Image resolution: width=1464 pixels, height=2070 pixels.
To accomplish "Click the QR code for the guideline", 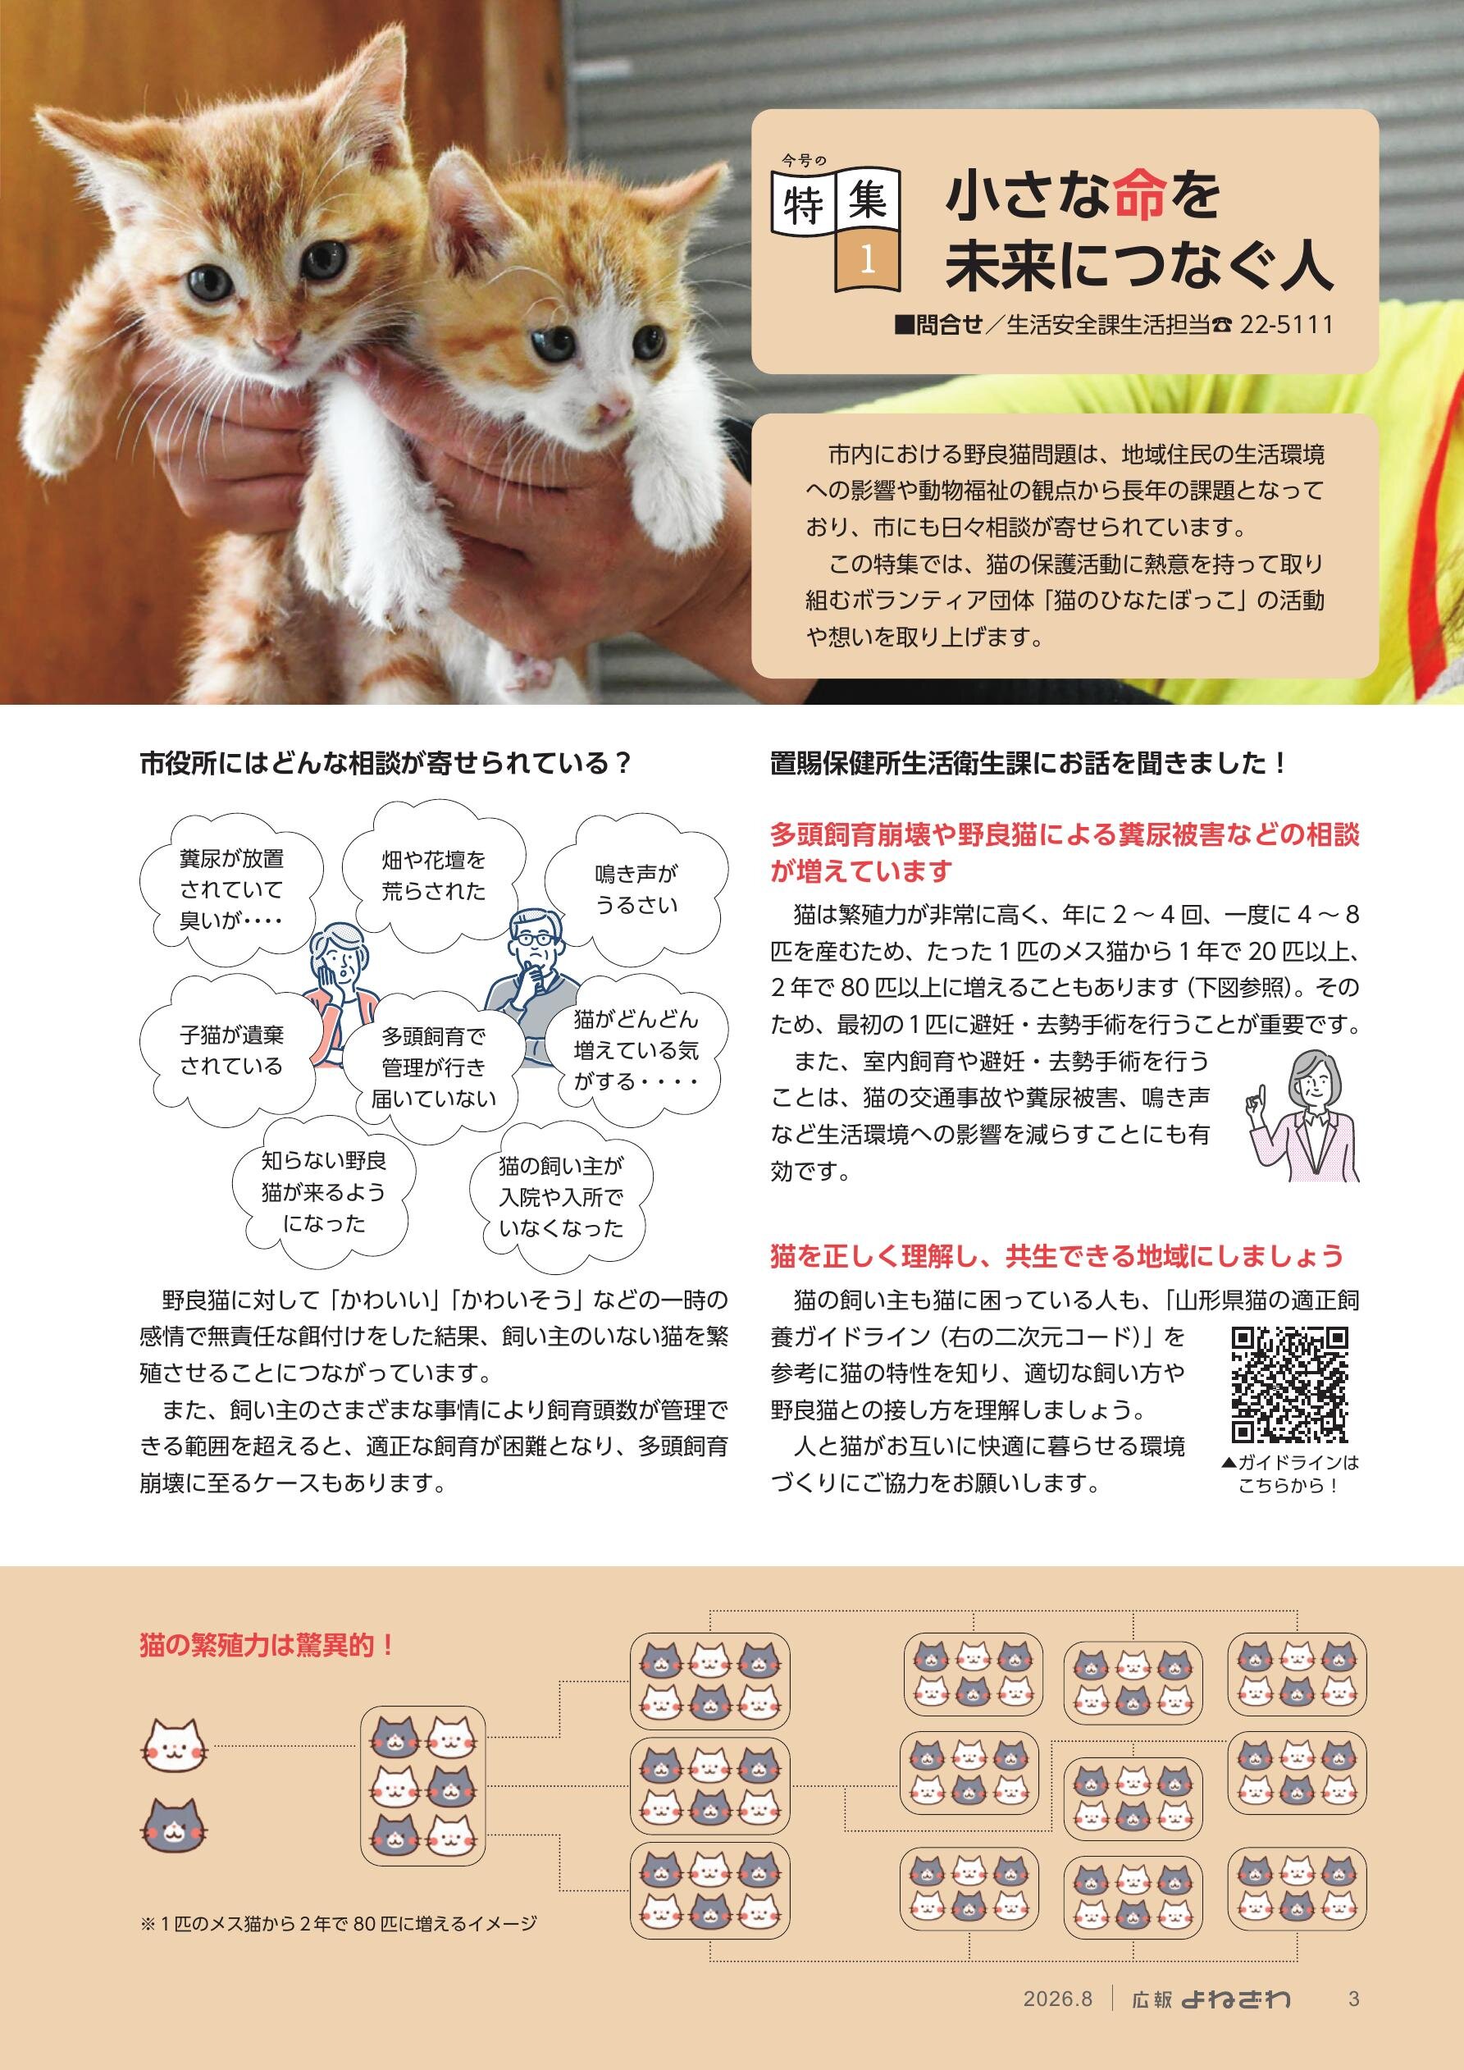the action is [1290, 1384].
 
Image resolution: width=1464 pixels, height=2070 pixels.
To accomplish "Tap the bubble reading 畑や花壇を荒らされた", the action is [434, 875].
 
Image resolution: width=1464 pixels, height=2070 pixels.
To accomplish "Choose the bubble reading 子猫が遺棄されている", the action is [231, 1050].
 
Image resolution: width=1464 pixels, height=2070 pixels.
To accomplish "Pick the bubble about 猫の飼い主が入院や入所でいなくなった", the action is [561, 1196].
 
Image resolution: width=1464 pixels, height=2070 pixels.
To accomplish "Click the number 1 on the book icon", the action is [868, 259].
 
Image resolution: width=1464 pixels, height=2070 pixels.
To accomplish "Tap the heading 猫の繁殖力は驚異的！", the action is [267, 1644].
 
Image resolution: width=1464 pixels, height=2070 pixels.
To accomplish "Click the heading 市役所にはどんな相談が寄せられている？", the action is [385, 764].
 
